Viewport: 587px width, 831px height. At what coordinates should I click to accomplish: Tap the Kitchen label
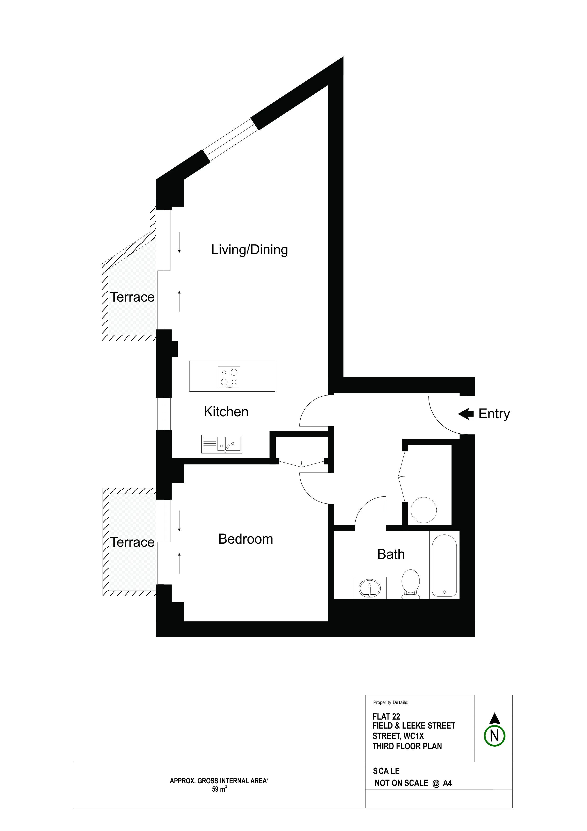tap(226, 412)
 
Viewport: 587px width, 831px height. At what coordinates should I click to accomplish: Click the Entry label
tap(494, 414)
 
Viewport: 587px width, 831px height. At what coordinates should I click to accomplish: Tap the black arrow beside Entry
tap(466, 414)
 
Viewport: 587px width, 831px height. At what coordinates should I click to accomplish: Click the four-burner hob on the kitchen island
tap(229, 377)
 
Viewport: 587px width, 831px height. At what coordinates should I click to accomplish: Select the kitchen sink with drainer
tap(221, 444)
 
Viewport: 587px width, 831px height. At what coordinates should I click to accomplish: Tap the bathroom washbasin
tap(369, 588)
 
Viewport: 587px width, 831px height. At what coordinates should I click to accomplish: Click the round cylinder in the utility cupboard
tap(424, 510)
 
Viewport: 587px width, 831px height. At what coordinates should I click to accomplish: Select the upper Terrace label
tap(132, 297)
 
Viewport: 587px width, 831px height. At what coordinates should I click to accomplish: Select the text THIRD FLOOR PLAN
tap(407, 746)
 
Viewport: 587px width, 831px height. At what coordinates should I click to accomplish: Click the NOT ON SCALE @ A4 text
tap(413, 783)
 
